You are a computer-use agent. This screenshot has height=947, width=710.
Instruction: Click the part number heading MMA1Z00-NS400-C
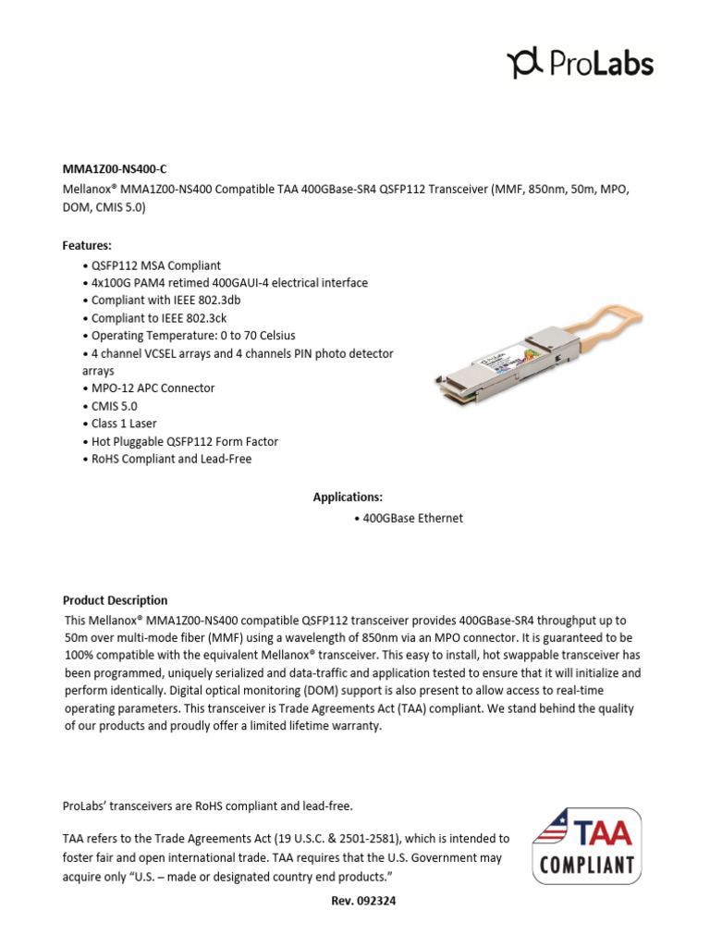(115, 168)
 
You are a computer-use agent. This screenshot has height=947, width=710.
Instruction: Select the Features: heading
(87, 246)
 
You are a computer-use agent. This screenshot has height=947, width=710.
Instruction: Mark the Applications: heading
(348, 498)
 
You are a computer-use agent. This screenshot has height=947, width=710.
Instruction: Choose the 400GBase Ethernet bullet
(408, 519)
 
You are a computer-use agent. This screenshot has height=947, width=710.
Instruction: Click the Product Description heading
(115, 600)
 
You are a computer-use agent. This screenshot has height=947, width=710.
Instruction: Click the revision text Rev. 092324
(355, 900)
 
